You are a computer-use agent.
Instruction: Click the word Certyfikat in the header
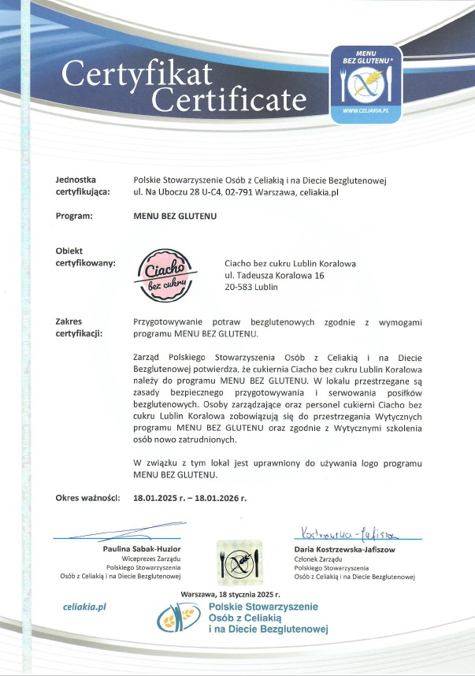(x=137, y=75)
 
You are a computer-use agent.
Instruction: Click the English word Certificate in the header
(x=229, y=99)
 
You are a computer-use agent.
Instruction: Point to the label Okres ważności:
(x=87, y=499)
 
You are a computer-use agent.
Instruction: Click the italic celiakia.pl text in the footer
(x=84, y=607)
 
